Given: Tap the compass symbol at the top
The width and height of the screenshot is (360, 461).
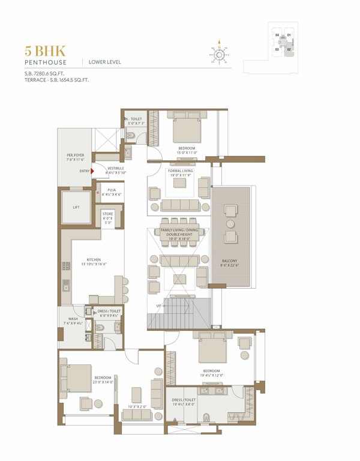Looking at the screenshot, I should (220, 55).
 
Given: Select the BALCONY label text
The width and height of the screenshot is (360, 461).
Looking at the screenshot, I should (230, 260).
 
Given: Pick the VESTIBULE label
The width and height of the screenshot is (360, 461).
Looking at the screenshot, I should (116, 168).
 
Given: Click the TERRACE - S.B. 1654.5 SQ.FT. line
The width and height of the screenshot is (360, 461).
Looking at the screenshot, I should (53, 80).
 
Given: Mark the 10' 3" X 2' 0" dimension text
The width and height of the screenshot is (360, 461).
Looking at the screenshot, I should (140, 408).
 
